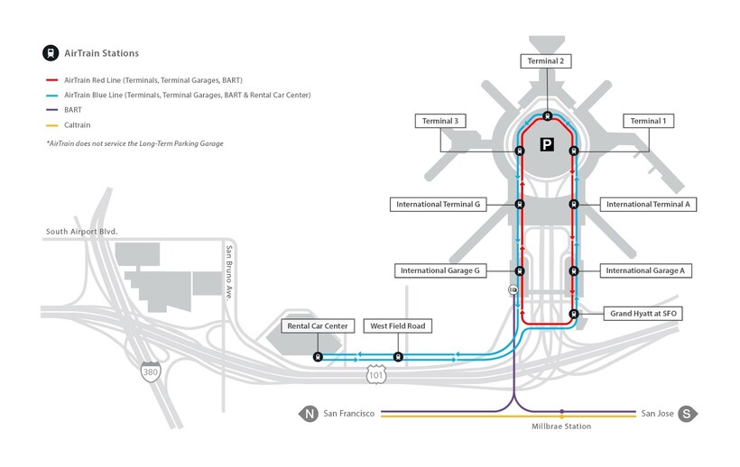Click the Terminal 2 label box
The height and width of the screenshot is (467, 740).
click(x=547, y=60)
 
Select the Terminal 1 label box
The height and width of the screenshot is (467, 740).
click(x=647, y=121)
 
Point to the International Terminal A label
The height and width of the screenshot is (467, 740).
click(x=648, y=205)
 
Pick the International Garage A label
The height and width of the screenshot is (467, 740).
click(x=645, y=270)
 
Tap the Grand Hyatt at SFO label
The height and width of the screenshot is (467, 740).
click(x=644, y=313)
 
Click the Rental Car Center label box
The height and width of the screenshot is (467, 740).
click(x=317, y=325)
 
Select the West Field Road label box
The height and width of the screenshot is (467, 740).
click(x=398, y=325)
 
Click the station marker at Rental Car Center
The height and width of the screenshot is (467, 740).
click(x=318, y=357)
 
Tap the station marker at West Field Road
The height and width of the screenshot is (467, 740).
click(x=398, y=357)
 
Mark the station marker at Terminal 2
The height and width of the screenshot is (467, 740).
click(x=547, y=116)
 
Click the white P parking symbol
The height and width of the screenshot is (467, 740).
click(x=547, y=144)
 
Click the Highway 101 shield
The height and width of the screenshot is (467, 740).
click(x=375, y=371)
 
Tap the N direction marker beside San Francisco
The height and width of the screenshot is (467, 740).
click(x=309, y=414)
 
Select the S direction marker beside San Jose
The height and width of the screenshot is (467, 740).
click(x=686, y=414)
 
